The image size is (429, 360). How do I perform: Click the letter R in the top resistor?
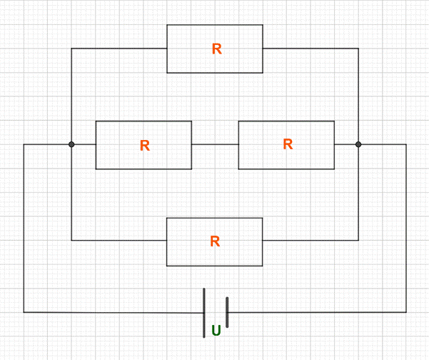(x=217, y=49)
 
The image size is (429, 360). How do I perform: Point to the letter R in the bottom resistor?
(x=215, y=241)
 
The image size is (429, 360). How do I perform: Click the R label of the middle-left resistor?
(x=145, y=146)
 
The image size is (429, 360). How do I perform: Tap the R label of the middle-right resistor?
(x=288, y=144)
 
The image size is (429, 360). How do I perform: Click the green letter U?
(x=216, y=331)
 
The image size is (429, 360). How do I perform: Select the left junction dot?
(x=71, y=144)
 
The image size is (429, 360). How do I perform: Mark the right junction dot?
(x=358, y=144)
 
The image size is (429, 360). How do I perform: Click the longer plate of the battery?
(x=204, y=312)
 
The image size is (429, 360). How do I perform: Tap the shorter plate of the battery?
(x=227, y=312)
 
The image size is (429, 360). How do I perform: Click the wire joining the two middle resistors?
(x=215, y=145)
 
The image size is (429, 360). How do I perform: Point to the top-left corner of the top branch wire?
(x=71, y=49)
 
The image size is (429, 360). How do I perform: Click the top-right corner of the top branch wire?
(x=358, y=49)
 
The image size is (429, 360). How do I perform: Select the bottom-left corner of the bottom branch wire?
(x=71, y=241)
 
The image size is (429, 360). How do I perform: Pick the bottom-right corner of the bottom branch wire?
(x=358, y=241)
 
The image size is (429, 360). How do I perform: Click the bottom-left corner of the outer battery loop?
(x=24, y=312)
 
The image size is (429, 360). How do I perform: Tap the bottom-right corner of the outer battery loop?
(x=406, y=312)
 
